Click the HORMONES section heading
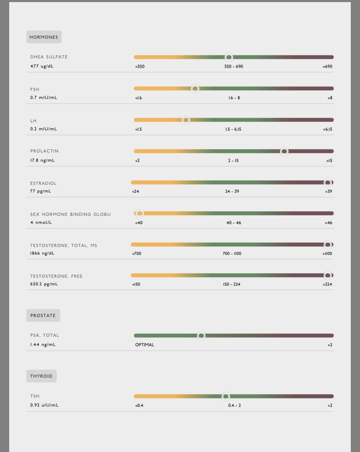[44, 37]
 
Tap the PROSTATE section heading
[43, 315]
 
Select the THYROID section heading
[41, 376]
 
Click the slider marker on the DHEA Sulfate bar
[229, 57]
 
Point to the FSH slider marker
[195, 89]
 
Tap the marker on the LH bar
[186, 120]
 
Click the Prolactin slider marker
[284, 151]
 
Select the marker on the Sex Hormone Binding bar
[140, 213]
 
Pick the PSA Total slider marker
[201, 336]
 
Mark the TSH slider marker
[226, 397]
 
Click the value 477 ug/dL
[42, 66]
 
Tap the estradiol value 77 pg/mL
[41, 191]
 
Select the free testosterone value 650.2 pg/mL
[44, 284]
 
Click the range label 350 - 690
[234, 67]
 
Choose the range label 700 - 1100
[232, 254]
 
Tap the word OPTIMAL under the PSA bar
[145, 345]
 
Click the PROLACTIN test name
[44, 151]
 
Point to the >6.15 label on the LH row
[327, 129]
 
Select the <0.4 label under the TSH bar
[139, 406]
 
